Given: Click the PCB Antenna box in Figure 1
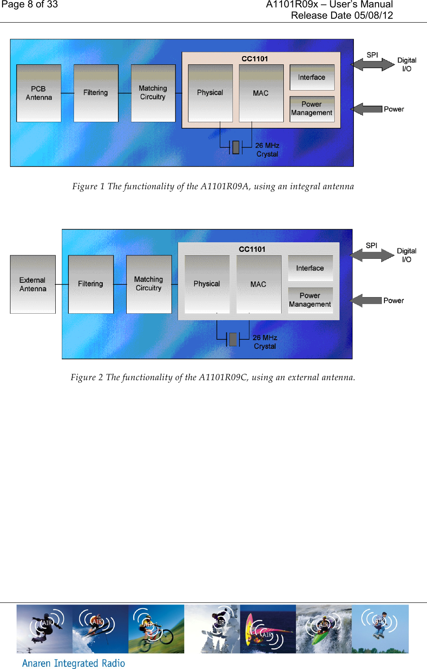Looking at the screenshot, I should (39, 93).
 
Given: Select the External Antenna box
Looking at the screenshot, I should (33, 284).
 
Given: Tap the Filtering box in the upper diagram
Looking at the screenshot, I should (96, 93).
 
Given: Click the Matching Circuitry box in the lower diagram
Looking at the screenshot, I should (149, 284).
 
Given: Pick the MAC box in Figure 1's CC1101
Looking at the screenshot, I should (261, 93).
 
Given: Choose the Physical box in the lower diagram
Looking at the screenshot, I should (207, 284).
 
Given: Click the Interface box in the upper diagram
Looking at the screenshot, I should (312, 77).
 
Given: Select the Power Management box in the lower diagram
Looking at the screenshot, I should (310, 300).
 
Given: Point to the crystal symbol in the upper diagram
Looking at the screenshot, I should (236, 147).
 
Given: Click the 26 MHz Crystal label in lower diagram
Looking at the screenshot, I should (265, 342).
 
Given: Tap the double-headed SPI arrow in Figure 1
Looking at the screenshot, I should (373, 64).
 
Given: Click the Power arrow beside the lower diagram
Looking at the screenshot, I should (366, 301).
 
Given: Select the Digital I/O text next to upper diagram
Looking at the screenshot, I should (407, 64).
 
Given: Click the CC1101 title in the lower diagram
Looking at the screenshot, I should (252, 249).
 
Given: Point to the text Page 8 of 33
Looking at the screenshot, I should (30, 5).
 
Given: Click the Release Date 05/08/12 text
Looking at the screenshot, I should (342, 16).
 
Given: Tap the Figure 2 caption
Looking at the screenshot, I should (213, 377).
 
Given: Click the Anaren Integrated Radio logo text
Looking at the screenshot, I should (74, 663).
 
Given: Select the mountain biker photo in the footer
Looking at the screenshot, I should (156, 629).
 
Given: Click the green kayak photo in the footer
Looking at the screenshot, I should (323, 629).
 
